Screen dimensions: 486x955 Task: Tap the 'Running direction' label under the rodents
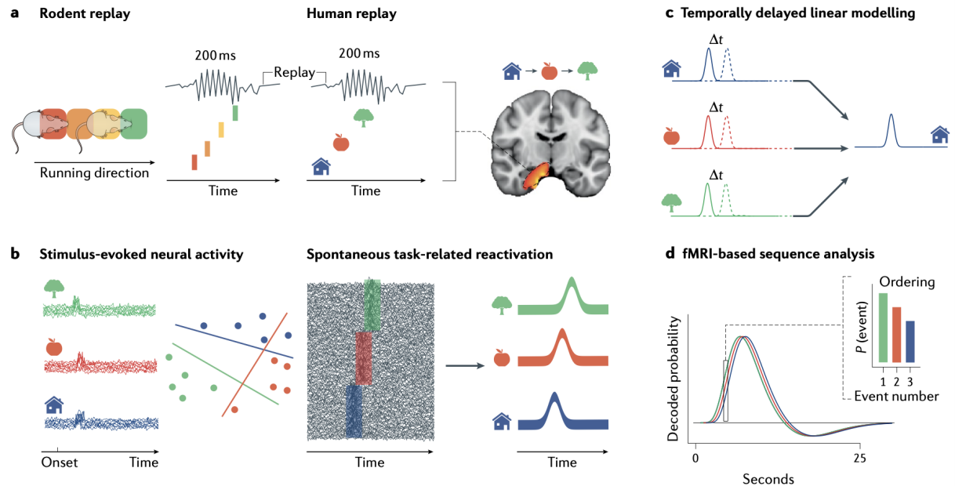coord(95,172)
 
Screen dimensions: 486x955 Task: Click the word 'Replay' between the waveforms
coord(292,73)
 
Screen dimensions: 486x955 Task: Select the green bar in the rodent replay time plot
coord(234,112)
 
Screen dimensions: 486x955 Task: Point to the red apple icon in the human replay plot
coord(340,143)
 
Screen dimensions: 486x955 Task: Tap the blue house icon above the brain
coord(513,71)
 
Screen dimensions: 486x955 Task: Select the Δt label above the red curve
coord(716,107)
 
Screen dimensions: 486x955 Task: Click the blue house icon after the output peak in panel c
coord(939,135)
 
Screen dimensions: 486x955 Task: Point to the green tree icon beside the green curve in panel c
coord(671,203)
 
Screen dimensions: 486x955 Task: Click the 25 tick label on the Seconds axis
coord(860,457)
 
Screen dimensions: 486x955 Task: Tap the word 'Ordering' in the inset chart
coord(907,281)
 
